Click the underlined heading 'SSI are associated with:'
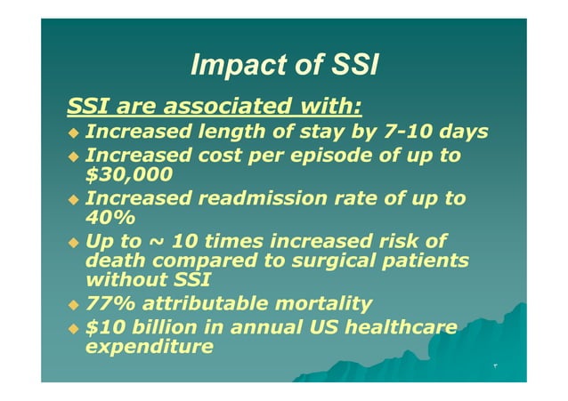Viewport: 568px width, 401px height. pos(215,108)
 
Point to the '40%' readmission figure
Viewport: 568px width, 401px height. pos(104,217)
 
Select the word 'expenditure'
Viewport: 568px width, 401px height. pos(149,347)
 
